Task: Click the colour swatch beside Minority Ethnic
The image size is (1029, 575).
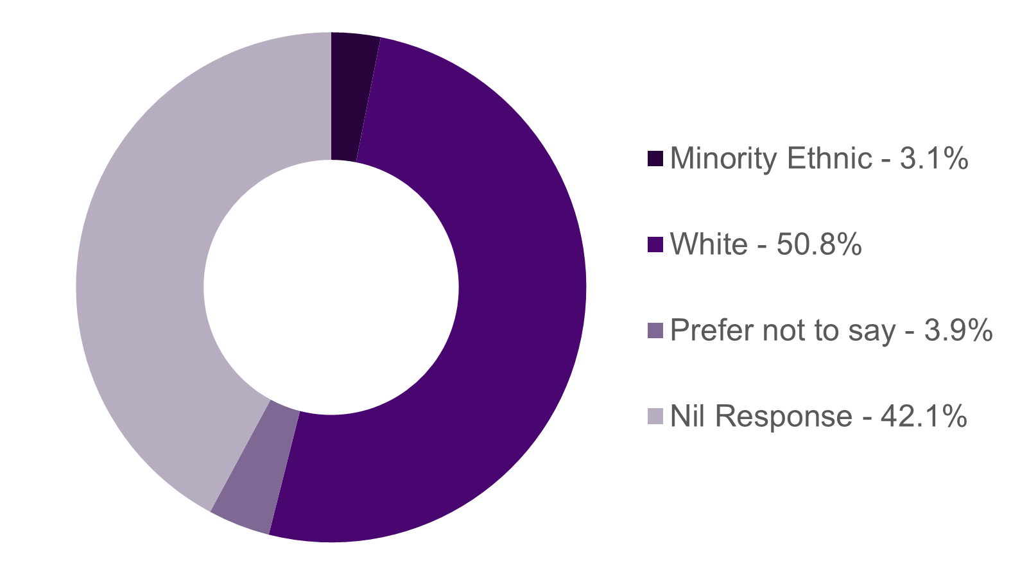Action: tap(655, 159)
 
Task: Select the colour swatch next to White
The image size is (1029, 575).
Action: tap(655, 245)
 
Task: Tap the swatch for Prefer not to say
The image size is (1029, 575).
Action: tap(655, 330)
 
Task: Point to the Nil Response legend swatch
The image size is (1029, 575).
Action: tap(655, 416)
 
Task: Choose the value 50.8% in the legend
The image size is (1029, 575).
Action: tap(818, 245)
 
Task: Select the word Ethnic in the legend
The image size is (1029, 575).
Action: tap(829, 159)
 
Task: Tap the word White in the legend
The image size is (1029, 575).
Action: tap(709, 245)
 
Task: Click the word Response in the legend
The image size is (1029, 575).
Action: tap(783, 417)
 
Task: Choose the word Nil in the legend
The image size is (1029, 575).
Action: tap(687, 416)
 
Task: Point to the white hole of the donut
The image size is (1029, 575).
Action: tap(331, 287)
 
